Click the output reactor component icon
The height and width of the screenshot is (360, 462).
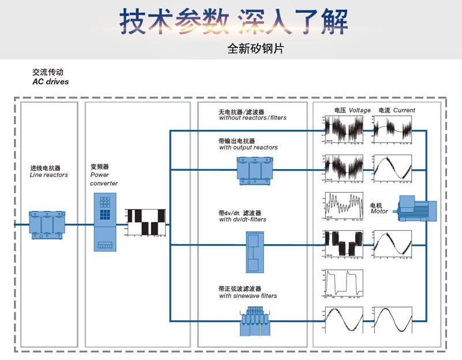tap(255, 171)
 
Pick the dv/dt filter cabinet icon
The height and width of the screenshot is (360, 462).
tap(254, 252)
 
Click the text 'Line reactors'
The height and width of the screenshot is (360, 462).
tap(49, 175)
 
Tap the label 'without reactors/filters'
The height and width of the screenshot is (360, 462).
tap(252, 118)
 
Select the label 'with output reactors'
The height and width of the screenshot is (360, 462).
tap(248, 148)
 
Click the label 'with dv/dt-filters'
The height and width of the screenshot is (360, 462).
tap(243, 220)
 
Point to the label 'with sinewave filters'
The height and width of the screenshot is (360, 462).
tap(248, 296)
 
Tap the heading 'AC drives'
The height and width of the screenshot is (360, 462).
tap(50, 82)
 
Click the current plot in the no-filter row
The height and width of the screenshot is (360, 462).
tap(393, 130)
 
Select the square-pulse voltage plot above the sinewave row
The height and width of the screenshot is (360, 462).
tap(344, 284)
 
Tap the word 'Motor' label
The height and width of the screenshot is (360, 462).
tap(379, 212)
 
